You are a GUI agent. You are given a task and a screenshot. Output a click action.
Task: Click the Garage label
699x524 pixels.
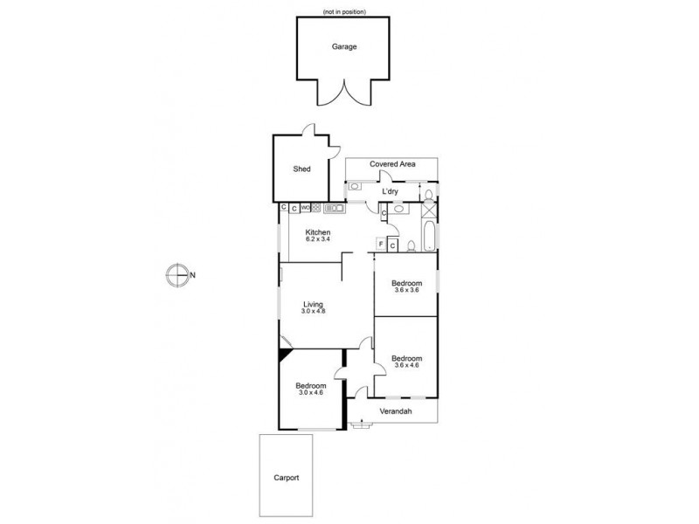click(x=343, y=46)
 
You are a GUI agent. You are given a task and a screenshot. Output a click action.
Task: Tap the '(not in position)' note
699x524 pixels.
click(x=343, y=11)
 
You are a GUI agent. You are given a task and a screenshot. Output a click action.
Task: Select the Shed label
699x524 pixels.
click(x=301, y=170)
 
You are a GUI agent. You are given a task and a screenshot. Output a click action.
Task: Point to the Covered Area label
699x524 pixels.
click(x=391, y=163)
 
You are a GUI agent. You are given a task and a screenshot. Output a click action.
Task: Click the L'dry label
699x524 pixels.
click(x=391, y=191)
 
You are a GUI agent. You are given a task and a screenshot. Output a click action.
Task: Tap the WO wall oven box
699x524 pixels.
click(x=305, y=208)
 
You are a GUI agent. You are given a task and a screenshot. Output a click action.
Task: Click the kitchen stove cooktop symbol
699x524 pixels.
click(x=315, y=208)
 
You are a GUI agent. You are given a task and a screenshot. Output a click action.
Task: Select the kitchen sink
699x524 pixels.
click(x=335, y=208)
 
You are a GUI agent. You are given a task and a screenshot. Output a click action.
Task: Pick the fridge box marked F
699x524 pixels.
click(x=381, y=244)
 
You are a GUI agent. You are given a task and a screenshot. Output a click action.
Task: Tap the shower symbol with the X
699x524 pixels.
click(x=428, y=209)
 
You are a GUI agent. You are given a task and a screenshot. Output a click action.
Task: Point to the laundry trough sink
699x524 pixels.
click(x=356, y=186)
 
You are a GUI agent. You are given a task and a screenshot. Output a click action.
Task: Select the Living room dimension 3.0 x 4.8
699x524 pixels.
click(x=312, y=312)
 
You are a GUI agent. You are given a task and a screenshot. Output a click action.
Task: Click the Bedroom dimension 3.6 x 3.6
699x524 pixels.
click(x=406, y=290)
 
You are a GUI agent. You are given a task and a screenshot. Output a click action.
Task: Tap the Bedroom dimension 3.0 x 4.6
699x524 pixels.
click(x=310, y=393)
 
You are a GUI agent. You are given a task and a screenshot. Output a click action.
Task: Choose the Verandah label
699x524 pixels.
click(x=395, y=411)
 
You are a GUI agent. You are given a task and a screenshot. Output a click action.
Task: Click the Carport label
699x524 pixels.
click(x=286, y=478)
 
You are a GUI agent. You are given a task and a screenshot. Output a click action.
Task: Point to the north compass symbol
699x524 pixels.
click(x=178, y=276)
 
